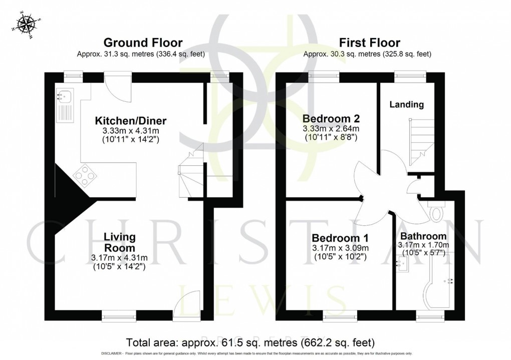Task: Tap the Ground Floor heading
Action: coord(142,43)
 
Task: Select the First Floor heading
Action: coord(369,43)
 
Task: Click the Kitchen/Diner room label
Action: coord(131,121)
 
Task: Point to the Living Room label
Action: coord(119,242)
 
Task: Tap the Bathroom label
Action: coord(423,236)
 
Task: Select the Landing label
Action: coord(407,105)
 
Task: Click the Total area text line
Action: coord(250,342)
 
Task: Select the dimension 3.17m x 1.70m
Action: coord(423,245)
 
